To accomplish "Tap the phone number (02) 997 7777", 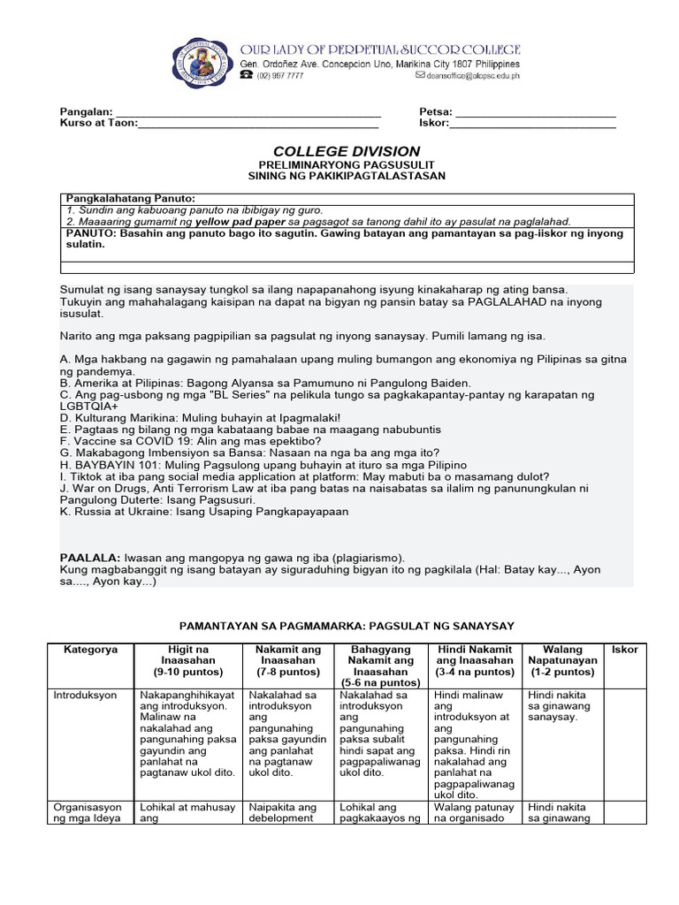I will pyautogui.click(x=280, y=77).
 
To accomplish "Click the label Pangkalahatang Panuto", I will pyautogui.click(x=130, y=198).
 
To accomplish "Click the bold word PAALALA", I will pyautogui.click(x=90, y=558).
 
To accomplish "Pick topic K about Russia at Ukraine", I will pyautogui.click(x=204, y=511).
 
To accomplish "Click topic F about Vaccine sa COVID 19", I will pyautogui.click(x=191, y=440).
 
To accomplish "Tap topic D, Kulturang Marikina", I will pyautogui.click(x=200, y=416).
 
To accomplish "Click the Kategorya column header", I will pyautogui.click(x=90, y=650).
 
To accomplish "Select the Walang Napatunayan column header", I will pyautogui.click(x=562, y=655).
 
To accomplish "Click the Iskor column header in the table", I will pyautogui.click(x=624, y=650).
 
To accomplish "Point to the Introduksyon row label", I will pyautogui.click(x=85, y=696).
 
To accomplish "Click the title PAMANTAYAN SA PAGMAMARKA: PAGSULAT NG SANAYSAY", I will pyautogui.click(x=347, y=626).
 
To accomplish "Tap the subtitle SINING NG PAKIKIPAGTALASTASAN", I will pyautogui.click(x=347, y=176).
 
